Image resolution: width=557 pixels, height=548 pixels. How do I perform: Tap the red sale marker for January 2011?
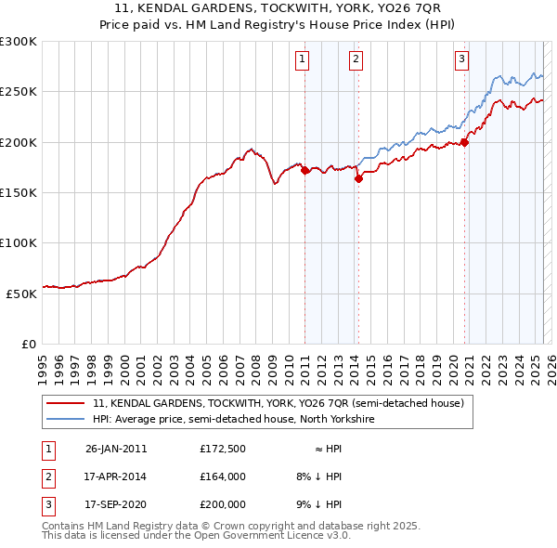pyautogui.click(x=305, y=171)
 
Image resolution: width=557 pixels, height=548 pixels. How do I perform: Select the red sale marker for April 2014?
pyautogui.click(x=358, y=179)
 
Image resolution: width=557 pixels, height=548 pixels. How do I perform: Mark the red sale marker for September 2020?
pyautogui.click(x=465, y=142)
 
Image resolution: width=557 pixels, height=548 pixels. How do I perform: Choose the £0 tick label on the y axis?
pyautogui.click(x=30, y=344)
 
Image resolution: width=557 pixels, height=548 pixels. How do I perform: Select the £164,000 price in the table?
pyautogui.click(x=222, y=476)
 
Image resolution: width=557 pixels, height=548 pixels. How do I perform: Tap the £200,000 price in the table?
pyautogui.click(x=222, y=504)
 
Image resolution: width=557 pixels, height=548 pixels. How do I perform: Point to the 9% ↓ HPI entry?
pyautogui.click(x=318, y=504)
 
